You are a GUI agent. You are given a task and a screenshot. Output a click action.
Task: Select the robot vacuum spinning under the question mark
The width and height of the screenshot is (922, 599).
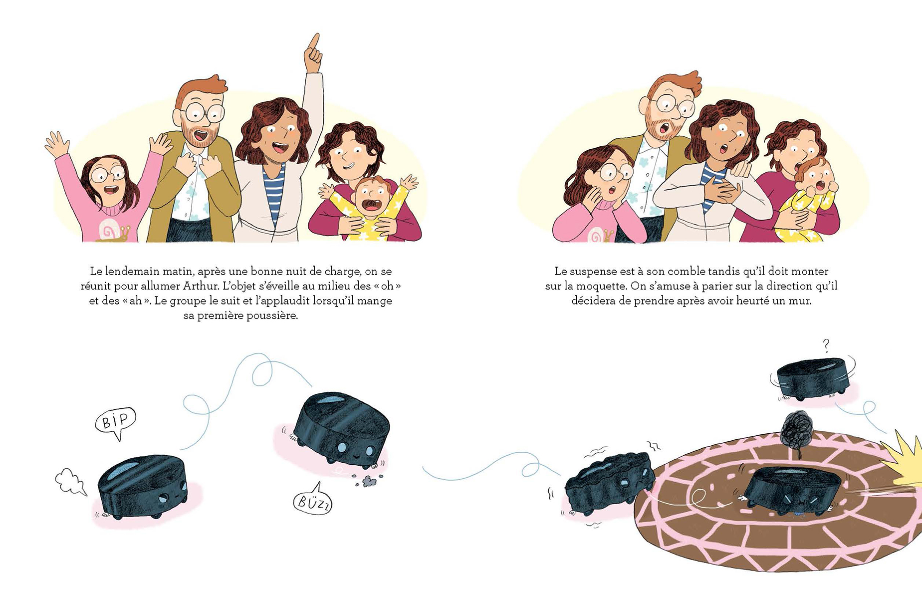coord(812,379)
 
